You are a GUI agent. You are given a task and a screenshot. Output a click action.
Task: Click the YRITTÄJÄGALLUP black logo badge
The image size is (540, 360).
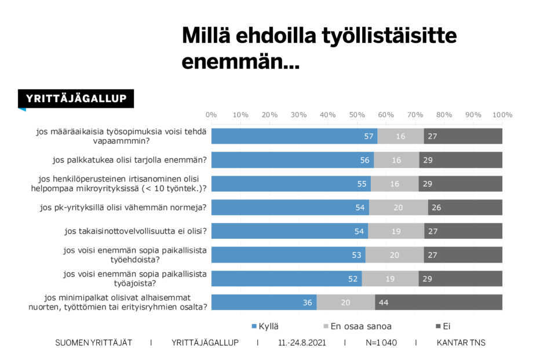click(76, 99)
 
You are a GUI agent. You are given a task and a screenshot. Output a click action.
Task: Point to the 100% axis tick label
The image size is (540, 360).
click(501, 115)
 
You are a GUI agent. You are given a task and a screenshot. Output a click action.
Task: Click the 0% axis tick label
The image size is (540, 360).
click(211, 115)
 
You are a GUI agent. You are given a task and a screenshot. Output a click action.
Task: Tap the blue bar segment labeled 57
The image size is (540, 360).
click(294, 136)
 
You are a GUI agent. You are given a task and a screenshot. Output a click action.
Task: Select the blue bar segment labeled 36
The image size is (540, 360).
click(264, 303)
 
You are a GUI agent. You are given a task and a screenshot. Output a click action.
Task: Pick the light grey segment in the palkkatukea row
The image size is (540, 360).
click(396, 160)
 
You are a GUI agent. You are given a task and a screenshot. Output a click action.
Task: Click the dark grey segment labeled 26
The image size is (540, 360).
click(465, 208)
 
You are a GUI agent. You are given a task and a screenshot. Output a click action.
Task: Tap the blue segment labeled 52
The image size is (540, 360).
click(286, 279)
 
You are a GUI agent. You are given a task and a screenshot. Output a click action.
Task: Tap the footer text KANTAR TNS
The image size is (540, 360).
click(461, 343)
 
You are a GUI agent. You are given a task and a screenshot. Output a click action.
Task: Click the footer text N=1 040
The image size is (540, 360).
click(381, 343)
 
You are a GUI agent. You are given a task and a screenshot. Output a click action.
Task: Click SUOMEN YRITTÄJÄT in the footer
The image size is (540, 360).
click(93, 343)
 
